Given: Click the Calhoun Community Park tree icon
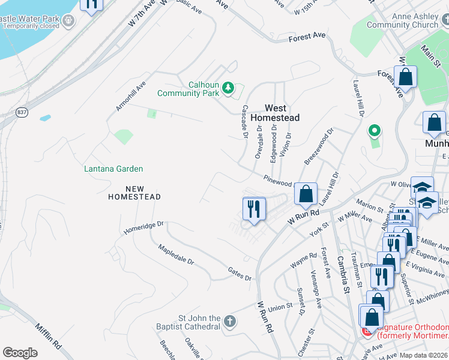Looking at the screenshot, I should coord(228,89).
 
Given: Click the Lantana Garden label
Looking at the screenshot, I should coord(113,169).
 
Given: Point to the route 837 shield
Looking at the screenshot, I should coord(22,112).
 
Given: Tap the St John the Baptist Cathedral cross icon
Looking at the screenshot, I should coord(229,322).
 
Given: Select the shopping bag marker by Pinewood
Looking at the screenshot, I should coord(306,194).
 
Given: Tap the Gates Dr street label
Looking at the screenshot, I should coord(239,274).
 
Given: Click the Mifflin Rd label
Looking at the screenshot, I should coord(48,338).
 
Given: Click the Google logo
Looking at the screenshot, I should coord(20,353).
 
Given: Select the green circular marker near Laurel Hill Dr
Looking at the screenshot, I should coord(375,130).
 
